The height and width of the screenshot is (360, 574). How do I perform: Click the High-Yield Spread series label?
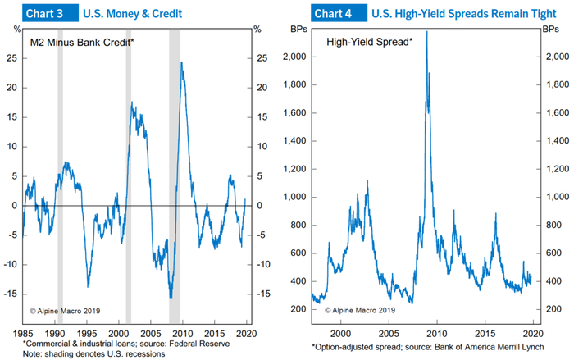pyautogui.click(x=369, y=41)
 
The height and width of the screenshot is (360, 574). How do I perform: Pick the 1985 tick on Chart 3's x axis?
pyautogui.click(x=24, y=334)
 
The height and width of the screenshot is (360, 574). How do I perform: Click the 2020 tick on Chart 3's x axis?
pyautogui.click(x=247, y=334)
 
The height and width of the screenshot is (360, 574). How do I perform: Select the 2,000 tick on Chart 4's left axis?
pyautogui.click(x=294, y=57)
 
